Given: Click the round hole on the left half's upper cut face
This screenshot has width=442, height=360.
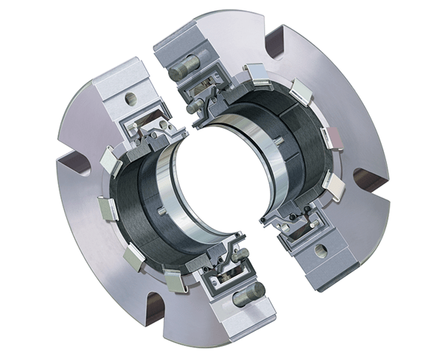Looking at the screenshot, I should point(131,98).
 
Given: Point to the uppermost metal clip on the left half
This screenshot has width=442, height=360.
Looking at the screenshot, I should point(106,159).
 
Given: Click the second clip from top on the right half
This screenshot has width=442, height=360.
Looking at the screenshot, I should point(302,94).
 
